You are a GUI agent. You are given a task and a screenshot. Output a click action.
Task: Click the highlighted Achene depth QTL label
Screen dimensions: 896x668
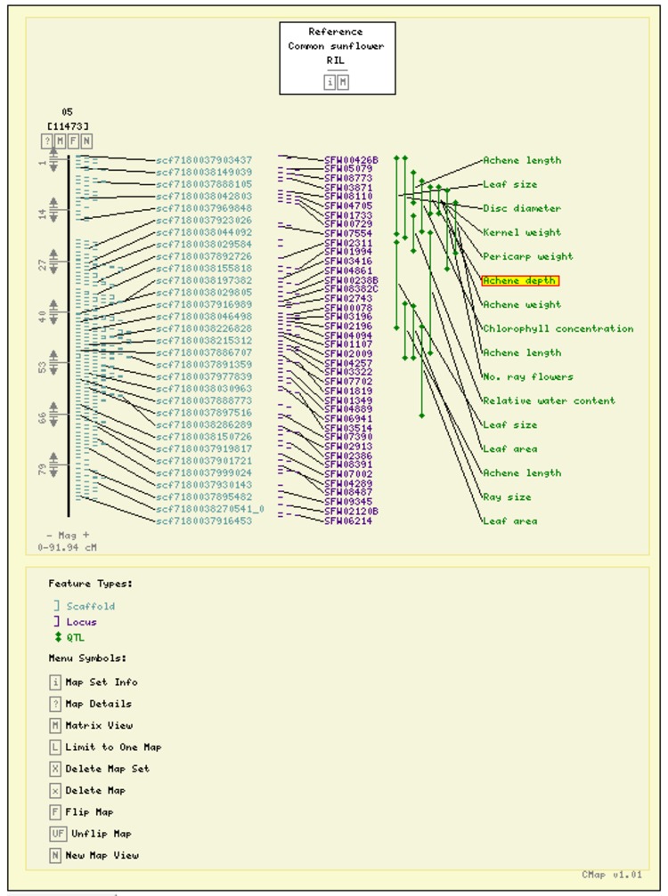pyautogui.click(x=520, y=281)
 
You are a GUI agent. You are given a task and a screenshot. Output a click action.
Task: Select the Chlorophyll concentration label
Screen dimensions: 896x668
pyautogui.click(x=558, y=329)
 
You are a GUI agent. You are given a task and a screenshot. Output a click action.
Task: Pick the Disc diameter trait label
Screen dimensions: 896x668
pyautogui.click(x=521, y=209)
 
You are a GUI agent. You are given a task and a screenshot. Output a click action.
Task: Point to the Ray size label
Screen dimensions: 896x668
pyautogui.click(x=507, y=497)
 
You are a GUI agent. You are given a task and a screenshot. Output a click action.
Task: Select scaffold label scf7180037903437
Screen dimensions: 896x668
pyautogui.click(x=204, y=160)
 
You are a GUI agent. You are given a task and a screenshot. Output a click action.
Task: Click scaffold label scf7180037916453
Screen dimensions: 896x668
pyautogui.click(x=204, y=521)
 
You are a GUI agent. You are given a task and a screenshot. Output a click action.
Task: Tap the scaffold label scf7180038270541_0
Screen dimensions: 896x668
pyautogui.click(x=210, y=509)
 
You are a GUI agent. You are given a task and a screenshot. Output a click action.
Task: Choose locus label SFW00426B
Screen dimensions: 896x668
pyautogui.click(x=351, y=160)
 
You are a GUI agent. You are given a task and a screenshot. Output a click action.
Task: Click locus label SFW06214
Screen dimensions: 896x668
pyautogui.click(x=348, y=521)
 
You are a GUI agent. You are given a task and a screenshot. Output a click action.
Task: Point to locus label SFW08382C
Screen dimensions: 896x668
pyautogui.click(x=351, y=289)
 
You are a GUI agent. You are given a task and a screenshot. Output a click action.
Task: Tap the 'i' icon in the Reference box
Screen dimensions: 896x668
pyautogui.click(x=330, y=82)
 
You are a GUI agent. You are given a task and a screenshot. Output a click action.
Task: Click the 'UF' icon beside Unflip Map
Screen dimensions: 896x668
pyautogui.click(x=57, y=834)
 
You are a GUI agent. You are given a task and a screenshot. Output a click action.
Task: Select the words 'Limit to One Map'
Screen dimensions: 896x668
pyautogui.click(x=113, y=747)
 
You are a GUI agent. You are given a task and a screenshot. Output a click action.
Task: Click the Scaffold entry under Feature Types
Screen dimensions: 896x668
pyautogui.click(x=90, y=607)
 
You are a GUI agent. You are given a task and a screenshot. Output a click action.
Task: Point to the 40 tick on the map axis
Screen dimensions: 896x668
pyautogui.click(x=42, y=317)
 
